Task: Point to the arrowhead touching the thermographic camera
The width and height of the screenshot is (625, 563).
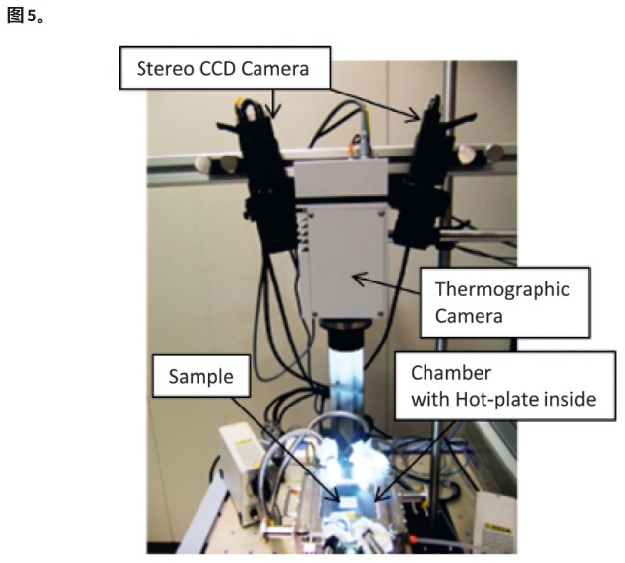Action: pyautogui.click(x=357, y=279)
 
